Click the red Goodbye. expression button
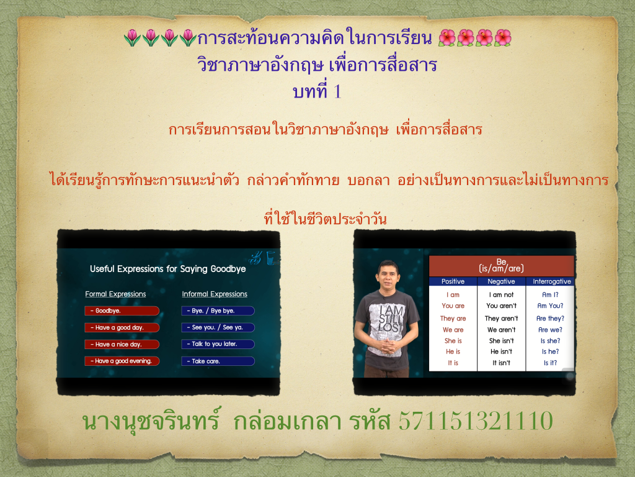[122, 311]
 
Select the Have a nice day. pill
[122, 344]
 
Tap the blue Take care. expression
[218, 361]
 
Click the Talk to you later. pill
[218, 344]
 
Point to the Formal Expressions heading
[115, 294]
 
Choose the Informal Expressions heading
[215, 294]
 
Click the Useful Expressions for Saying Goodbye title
[167, 269]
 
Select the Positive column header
[453, 281]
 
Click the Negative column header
[501, 281]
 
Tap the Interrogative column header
[551, 281]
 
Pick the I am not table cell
[501, 295]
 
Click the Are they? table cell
[550, 319]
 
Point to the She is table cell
[453, 341]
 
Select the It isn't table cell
[501, 363]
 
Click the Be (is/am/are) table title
[501, 265]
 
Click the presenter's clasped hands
[387, 345]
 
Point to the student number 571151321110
[476, 420]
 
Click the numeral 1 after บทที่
[337, 91]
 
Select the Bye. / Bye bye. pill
[218, 311]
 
